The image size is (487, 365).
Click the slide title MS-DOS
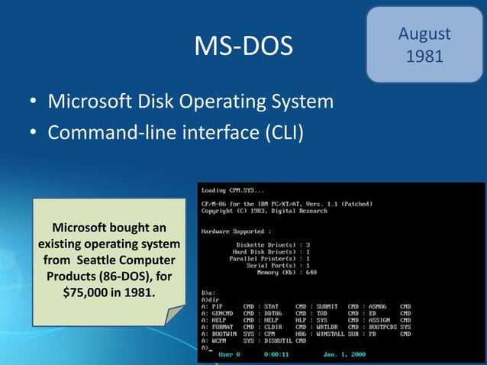tap(243, 47)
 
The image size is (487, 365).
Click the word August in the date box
tap(424, 34)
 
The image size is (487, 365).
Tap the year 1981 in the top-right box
tap(424, 57)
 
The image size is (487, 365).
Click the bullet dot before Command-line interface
tap(34, 134)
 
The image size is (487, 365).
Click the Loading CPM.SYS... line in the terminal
tap(234, 190)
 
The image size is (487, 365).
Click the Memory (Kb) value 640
tap(311, 273)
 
